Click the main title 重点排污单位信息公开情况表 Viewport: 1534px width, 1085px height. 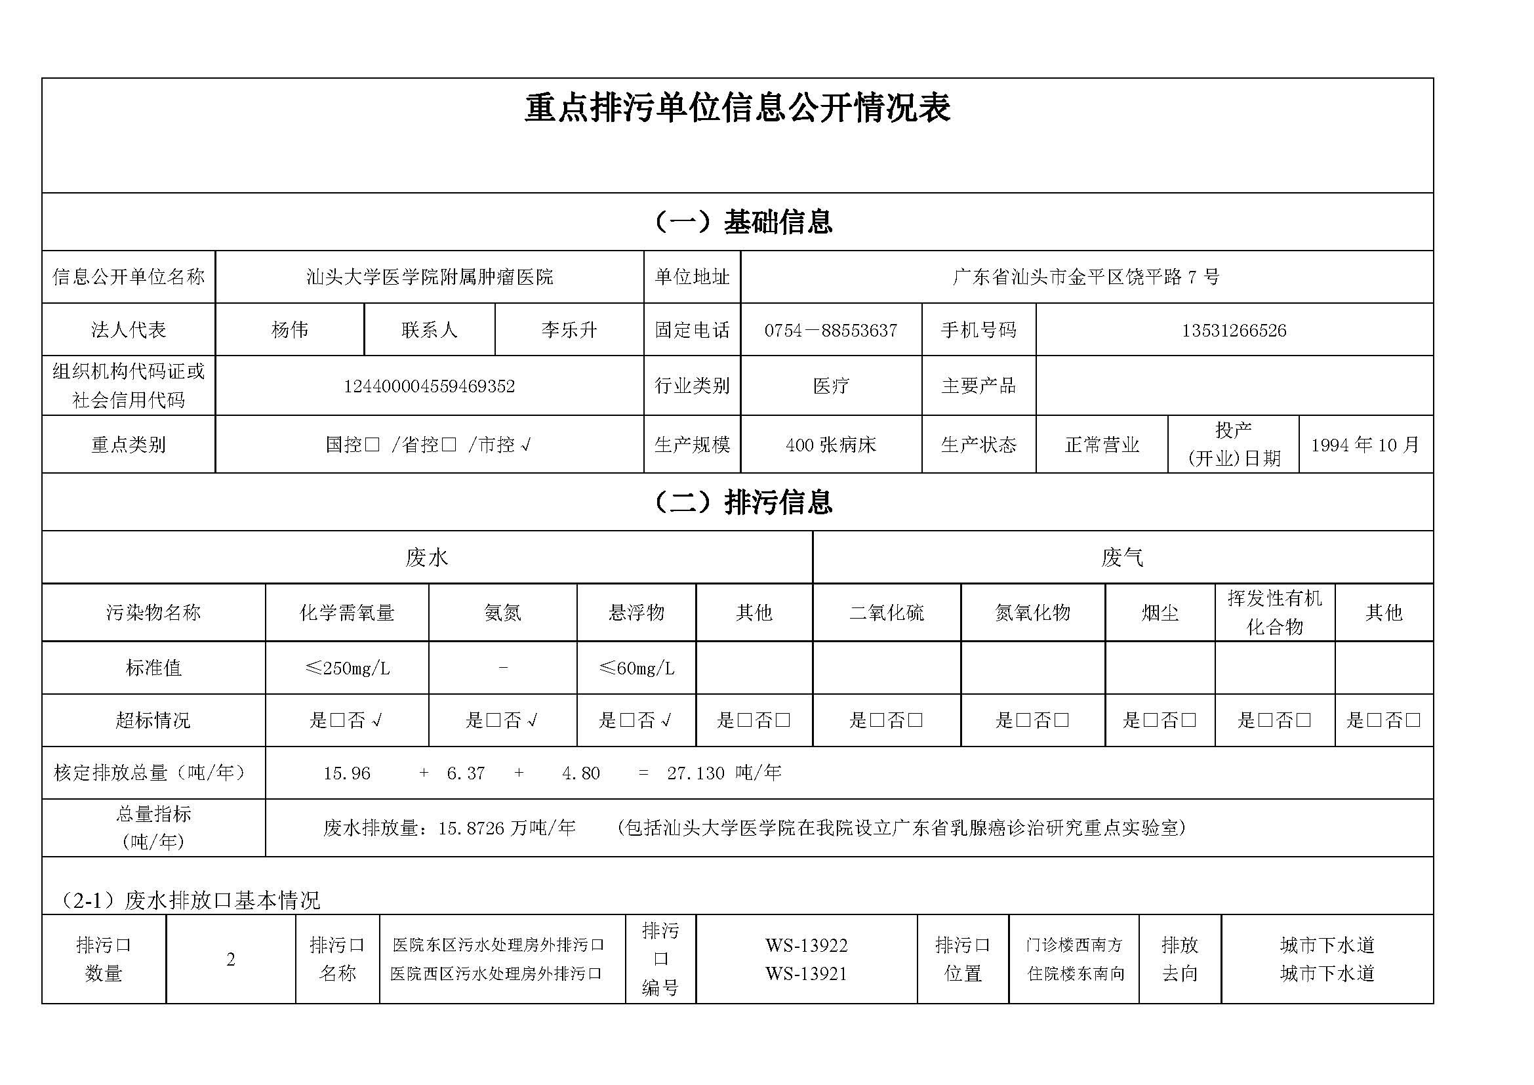737,108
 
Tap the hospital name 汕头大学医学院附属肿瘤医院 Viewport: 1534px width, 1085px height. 430,277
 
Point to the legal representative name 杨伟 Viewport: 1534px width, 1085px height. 289,330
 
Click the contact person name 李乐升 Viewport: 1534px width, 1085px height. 569,330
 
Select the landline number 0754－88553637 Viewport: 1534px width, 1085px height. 830,331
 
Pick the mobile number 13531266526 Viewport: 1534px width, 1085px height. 1234,331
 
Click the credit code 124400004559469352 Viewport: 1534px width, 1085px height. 429,387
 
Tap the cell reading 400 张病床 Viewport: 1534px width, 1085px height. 830,445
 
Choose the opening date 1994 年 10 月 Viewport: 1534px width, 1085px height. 1365,445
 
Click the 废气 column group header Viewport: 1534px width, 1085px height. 1121,558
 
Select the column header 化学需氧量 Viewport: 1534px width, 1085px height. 347,613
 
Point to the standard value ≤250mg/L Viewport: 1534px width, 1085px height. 347,668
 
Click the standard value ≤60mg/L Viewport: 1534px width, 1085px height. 636,668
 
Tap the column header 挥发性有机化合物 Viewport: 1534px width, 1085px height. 1274,613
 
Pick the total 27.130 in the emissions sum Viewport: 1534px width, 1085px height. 695,773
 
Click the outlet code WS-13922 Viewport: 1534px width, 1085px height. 806,946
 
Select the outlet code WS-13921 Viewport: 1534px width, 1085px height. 806,974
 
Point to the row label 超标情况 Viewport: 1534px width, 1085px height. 153,720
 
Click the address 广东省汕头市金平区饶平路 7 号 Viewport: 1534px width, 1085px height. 1085,277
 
